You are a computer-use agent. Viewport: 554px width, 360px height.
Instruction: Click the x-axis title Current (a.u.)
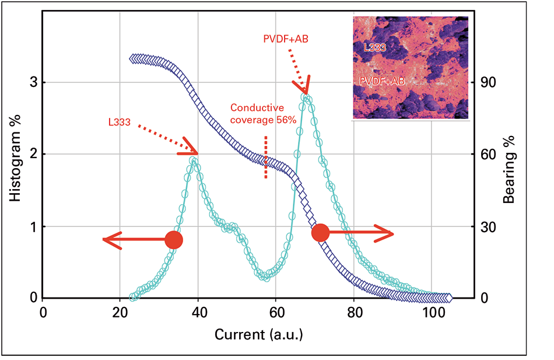point(259,335)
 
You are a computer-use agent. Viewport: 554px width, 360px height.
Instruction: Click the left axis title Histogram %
point(16,155)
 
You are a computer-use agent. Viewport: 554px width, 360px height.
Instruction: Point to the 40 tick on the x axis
point(198,312)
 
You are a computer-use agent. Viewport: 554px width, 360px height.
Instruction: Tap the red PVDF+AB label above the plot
point(286,39)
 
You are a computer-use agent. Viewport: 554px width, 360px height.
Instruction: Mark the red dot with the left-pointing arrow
point(173,240)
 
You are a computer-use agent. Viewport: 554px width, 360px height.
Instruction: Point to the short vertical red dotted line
point(266,156)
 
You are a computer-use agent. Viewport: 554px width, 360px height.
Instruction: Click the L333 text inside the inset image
point(374,47)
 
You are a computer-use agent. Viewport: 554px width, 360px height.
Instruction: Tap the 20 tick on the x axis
point(120,312)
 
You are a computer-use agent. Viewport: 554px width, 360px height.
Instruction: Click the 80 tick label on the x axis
point(354,312)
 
